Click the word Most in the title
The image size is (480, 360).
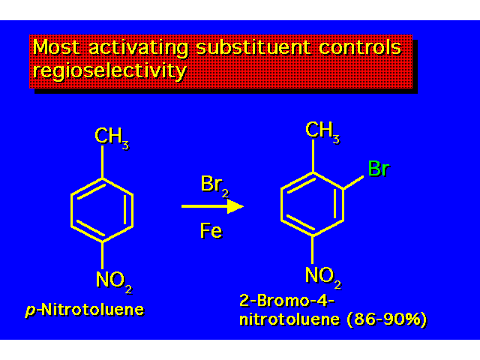tap(56, 47)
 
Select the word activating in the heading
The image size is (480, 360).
tap(138, 48)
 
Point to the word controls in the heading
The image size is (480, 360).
tap(360, 47)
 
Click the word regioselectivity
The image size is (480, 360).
tap(109, 71)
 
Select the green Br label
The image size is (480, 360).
tap(378, 168)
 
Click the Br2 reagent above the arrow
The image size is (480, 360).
tap(214, 186)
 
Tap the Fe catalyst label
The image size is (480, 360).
tap(211, 230)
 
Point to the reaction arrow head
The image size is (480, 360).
tap(235, 206)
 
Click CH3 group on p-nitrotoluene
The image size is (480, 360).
tap(112, 138)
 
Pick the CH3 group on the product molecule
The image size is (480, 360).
tap(322, 132)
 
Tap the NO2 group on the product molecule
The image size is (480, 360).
tap(323, 277)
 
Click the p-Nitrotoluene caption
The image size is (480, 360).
tap(85, 310)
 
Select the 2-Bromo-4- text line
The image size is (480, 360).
tap(286, 301)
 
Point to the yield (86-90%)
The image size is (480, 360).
tap(387, 319)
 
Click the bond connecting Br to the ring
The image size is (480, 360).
tap(353, 182)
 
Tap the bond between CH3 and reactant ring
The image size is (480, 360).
tap(102, 162)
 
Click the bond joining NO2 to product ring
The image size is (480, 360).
tap(313, 250)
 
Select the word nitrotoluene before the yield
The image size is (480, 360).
tap(289, 319)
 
